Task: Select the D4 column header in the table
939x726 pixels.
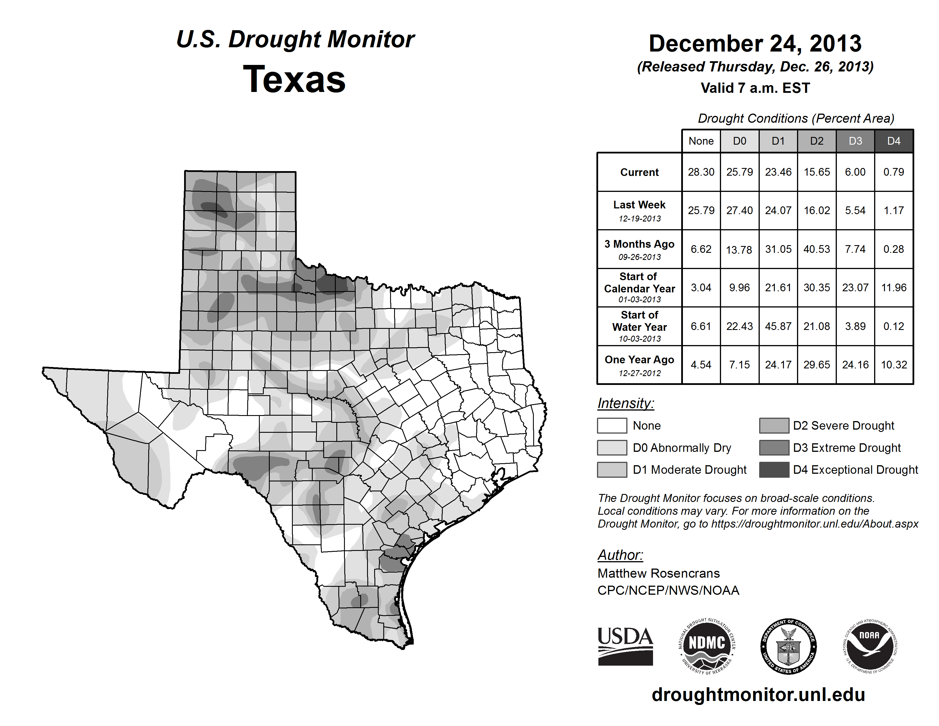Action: (x=893, y=141)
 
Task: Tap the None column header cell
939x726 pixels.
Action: (x=701, y=141)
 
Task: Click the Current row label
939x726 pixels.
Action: (x=639, y=172)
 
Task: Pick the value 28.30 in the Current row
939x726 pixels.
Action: (x=701, y=172)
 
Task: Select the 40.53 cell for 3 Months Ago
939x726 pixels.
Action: (x=816, y=249)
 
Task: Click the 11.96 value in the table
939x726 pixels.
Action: (x=893, y=287)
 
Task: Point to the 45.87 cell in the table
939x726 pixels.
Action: (x=778, y=326)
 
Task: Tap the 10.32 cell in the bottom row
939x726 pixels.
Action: (x=893, y=365)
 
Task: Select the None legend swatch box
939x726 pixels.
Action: (x=612, y=425)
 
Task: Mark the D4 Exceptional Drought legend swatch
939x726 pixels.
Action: (x=774, y=470)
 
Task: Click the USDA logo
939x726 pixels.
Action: (x=625, y=646)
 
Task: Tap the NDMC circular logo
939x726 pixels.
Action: (x=707, y=646)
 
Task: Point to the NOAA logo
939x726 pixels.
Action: (x=869, y=646)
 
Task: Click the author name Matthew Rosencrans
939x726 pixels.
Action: (x=658, y=573)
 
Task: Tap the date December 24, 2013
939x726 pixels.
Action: (x=755, y=44)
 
